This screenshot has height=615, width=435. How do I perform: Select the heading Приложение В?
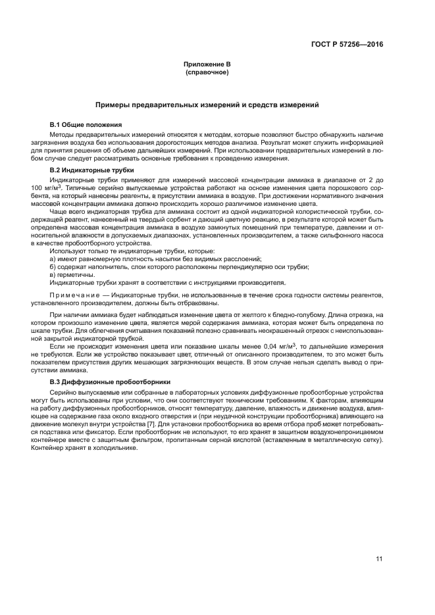point(207,64)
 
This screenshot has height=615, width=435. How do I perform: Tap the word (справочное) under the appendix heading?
point(207,72)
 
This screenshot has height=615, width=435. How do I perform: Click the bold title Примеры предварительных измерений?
point(207,105)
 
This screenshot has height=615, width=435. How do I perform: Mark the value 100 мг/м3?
point(47,187)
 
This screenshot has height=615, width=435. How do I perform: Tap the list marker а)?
point(53,258)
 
